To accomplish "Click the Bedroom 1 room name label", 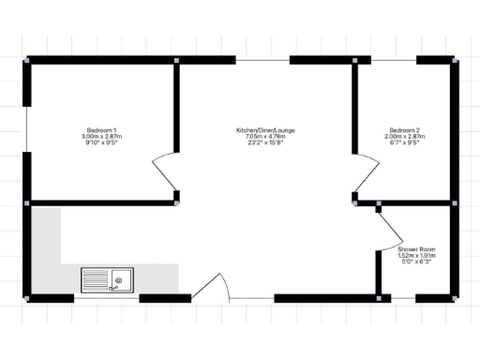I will (x=101, y=129).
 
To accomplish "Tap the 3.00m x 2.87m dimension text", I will (x=102, y=137).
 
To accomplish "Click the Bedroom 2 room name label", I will (x=403, y=129).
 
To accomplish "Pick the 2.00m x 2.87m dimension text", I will (x=403, y=137).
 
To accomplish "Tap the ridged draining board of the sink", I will (x=96, y=278).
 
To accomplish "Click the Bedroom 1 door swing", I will (x=164, y=172).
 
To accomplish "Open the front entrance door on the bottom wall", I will (x=211, y=287).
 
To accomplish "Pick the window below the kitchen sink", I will (x=105, y=298).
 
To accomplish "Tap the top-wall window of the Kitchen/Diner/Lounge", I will (x=262, y=60).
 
